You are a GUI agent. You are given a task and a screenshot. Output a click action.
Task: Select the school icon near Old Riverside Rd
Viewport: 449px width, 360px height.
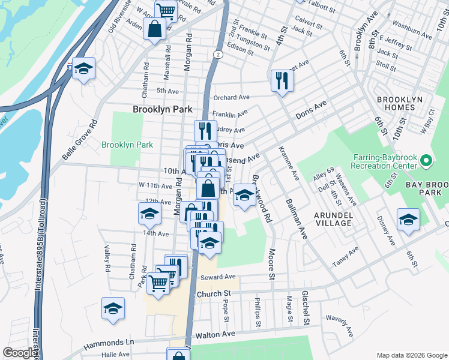84,69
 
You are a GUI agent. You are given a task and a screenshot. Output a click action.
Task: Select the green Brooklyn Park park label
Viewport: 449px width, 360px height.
127,145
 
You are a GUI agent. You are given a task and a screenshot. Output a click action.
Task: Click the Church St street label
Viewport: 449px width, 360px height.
214,293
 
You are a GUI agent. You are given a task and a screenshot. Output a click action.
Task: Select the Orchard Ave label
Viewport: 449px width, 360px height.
231,97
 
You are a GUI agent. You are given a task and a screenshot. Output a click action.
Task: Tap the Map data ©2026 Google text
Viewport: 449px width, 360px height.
411,355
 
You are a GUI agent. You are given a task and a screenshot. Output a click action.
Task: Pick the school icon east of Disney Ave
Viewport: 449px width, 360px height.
408,220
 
